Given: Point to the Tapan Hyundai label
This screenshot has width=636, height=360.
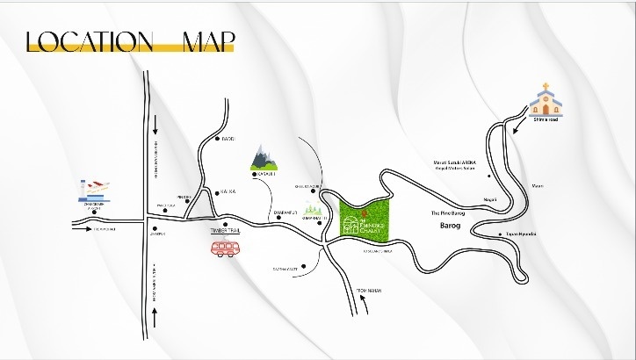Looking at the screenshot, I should pos(520,234).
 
